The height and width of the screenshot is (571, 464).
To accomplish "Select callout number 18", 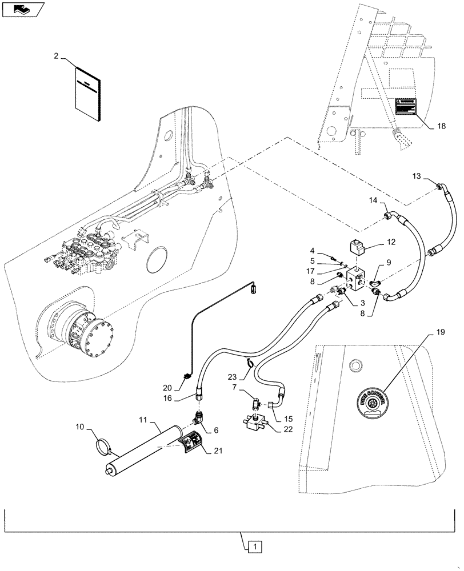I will [x=440, y=128].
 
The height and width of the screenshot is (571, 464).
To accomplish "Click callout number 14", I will [x=374, y=200].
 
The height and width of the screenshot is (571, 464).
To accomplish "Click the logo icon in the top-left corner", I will [x=21, y=9].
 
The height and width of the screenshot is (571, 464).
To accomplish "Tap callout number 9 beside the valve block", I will [x=389, y=263].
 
